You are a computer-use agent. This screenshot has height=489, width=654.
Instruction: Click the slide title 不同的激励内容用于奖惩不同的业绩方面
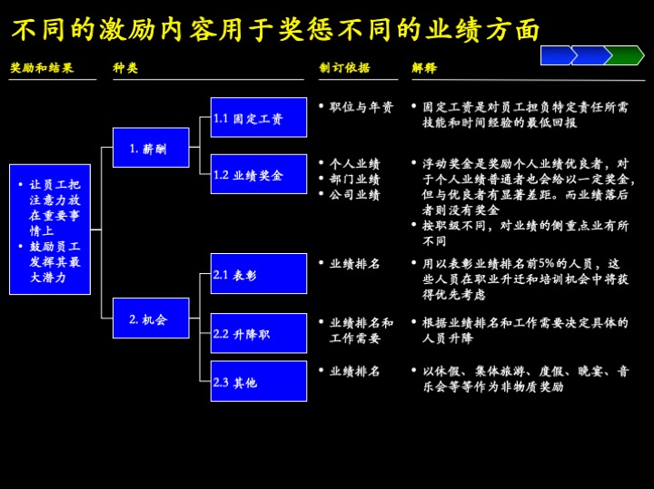(x=276, y=30)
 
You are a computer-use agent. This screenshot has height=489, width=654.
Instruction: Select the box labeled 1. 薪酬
(x=151, y=148)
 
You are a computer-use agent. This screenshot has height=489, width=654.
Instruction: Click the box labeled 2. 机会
(x=151, y=318)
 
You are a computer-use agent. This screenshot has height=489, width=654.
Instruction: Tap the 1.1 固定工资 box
(x=258, y=118)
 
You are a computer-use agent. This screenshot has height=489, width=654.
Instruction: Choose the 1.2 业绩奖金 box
(x=258, y=174)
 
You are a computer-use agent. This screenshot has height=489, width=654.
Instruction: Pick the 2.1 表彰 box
(x=258, y=274)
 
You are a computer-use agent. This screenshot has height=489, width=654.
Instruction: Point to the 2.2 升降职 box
(x=258, y=333)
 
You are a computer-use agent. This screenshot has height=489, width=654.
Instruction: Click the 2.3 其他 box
(x=258, y=382)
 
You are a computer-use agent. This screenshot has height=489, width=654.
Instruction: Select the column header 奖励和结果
(x=42, y=68)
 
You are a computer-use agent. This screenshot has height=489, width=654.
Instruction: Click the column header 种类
(x=125, y=68)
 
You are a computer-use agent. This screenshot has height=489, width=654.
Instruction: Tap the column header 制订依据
(x=344, y=68)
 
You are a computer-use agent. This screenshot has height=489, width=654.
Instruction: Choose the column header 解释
(x=424, y=68)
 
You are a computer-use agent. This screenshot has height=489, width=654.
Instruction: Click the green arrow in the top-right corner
(x=624, y=55)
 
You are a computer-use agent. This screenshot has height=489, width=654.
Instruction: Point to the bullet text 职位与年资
(x=361, y=107)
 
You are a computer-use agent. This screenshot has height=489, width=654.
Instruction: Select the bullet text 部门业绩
(x=354, y=179)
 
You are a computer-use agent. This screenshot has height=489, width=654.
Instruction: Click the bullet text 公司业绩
(x=354, y=194)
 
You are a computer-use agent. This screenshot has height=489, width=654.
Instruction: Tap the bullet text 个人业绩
(x=354, y=163)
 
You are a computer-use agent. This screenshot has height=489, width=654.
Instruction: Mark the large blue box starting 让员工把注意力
(x=50, y=230)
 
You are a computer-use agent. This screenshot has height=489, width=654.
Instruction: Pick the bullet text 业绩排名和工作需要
(x=361, y=330)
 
